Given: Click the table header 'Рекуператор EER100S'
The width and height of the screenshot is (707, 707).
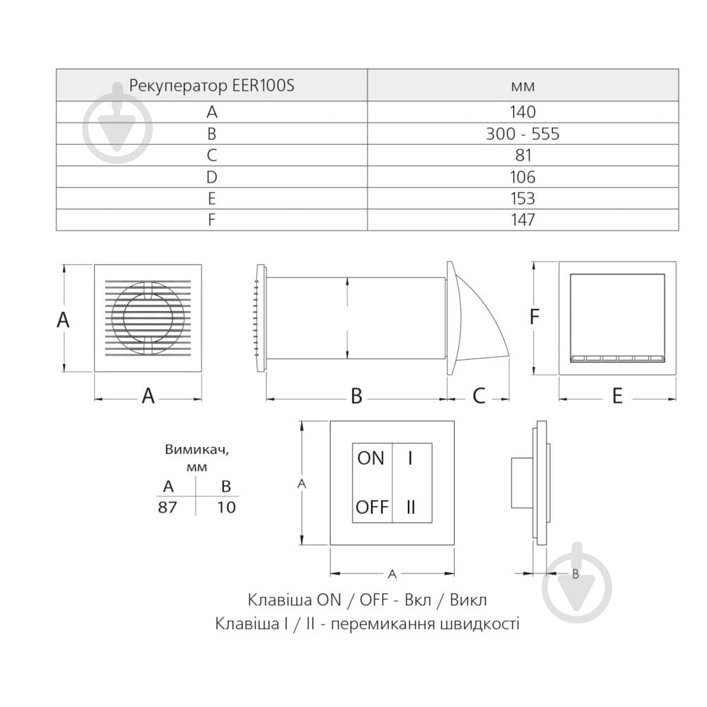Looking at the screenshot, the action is [211, 86].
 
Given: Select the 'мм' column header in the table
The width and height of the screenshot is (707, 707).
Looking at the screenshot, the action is [522, 86].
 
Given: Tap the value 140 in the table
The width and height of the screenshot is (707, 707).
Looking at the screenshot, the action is [522, 112].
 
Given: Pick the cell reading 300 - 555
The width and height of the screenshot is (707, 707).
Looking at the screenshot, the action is [522, 134].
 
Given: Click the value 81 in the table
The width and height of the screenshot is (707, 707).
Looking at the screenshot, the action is [523, 155].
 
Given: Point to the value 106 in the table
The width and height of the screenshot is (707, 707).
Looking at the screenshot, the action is [522, 177].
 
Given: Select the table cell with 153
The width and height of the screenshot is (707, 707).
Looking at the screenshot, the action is [522, 199].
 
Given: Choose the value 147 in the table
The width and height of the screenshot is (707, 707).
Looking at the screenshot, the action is [522, 220].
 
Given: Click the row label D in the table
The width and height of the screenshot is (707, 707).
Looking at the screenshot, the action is [211, 177].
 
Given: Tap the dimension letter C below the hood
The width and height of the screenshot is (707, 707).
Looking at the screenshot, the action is [479, 395].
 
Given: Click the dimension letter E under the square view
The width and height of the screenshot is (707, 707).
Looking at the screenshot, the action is [617, 396].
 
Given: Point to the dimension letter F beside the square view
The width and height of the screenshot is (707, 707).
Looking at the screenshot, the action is [534, 316].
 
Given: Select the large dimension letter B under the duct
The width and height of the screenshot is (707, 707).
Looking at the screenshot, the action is [356, 395].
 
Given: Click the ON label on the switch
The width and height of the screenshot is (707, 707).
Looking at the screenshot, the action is [370, 458].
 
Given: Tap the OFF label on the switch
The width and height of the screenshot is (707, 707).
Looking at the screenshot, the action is [372, 507].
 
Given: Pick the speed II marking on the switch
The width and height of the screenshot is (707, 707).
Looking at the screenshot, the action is [411, 507].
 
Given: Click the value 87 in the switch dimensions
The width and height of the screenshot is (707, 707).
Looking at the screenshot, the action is [168, 508].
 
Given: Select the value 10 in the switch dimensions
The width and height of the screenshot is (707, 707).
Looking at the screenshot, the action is [226, 508].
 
